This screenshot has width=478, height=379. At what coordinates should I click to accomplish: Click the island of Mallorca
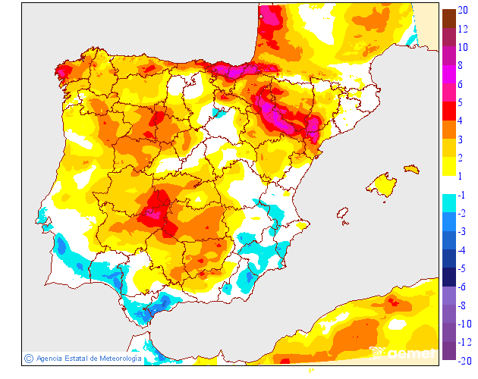[x=382, y=185]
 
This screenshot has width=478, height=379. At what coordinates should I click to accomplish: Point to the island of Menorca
[x=410, y=168]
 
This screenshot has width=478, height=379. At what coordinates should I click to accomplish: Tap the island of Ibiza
[x=343, y=215]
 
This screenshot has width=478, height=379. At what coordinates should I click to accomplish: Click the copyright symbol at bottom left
[x=29, y=358]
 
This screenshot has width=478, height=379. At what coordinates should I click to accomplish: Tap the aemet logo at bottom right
[x=402, y=352]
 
